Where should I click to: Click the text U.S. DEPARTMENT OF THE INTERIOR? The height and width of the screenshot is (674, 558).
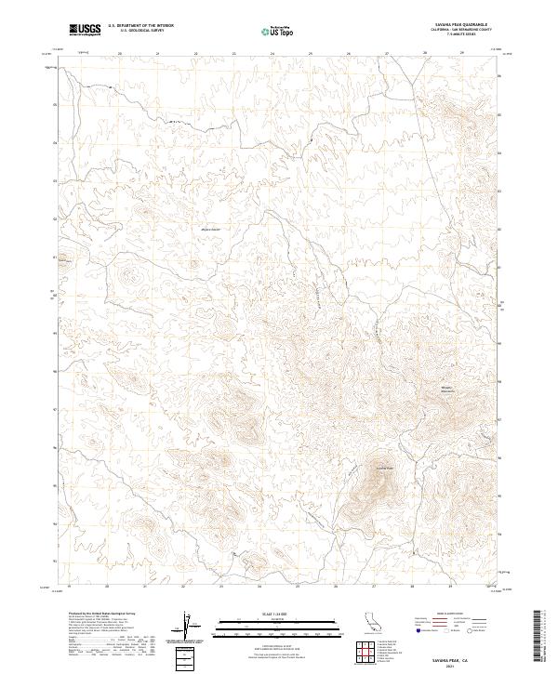(140, 26)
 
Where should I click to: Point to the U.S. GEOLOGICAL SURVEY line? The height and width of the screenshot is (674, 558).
(140, 31)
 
